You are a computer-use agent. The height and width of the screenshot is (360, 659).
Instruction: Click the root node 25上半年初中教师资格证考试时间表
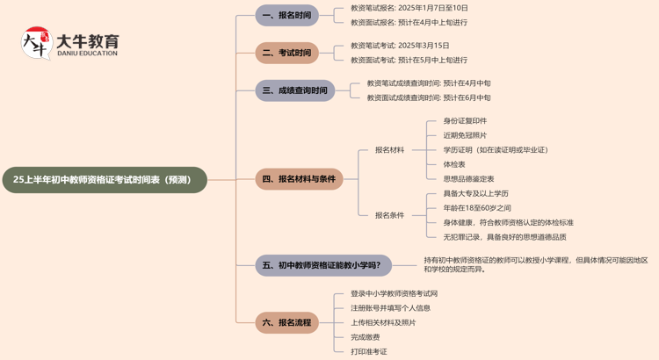[103, 180]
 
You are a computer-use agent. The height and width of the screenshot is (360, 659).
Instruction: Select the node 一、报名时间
[286, 15]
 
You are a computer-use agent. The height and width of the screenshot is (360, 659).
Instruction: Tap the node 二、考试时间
[286, 53]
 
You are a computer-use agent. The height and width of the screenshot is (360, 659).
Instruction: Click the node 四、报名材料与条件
[299, 179]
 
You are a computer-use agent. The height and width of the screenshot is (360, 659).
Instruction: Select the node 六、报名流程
[286, 322]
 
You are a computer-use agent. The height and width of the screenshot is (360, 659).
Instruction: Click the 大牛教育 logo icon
[36, 43]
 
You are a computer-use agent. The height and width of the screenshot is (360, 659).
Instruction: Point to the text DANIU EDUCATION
[86, 54]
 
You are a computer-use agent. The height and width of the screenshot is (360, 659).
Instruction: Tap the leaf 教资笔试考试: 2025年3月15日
[400, 46]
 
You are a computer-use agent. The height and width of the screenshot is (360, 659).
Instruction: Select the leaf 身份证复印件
[465, 121]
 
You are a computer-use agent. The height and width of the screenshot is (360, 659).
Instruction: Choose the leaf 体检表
[454, 164]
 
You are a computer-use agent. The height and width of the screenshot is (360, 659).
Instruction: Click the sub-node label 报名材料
[389, 150]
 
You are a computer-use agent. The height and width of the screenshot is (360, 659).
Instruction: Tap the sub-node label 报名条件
[389, 215]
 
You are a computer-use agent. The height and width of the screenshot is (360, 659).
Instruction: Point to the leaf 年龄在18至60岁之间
[477, 208]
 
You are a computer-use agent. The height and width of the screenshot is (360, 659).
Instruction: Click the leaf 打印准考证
[369, 351]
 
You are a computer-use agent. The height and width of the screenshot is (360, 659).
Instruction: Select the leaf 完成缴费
[366, 337]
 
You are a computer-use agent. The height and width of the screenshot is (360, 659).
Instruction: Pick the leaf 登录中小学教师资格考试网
[394, 294]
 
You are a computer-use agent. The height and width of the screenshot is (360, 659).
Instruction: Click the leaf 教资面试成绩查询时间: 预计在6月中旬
[429, 97]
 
